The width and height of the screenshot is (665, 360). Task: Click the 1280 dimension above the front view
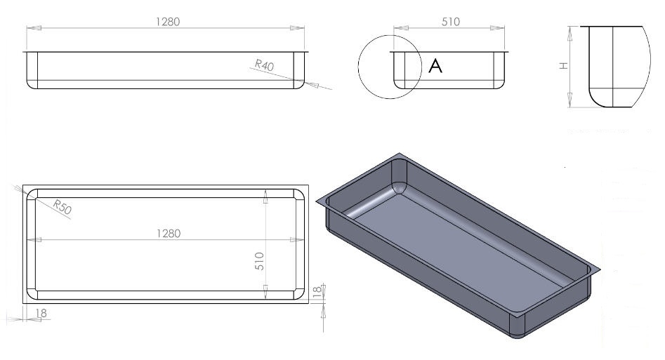click(168, 22)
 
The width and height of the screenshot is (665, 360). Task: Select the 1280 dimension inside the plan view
click(169, 233)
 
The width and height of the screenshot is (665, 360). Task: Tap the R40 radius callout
click(264, 65)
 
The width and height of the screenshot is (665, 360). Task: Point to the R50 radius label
click(62, 206)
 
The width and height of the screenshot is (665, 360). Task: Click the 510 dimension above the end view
click(450, 22)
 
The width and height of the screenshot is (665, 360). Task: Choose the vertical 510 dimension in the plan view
click(260, 261)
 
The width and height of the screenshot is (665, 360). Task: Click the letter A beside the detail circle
click(435, 66)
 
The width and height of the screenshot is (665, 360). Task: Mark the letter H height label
click(564, 66)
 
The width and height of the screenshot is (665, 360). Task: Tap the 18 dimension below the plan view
click(41, 313)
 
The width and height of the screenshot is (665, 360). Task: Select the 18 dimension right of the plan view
click(317, 291)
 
